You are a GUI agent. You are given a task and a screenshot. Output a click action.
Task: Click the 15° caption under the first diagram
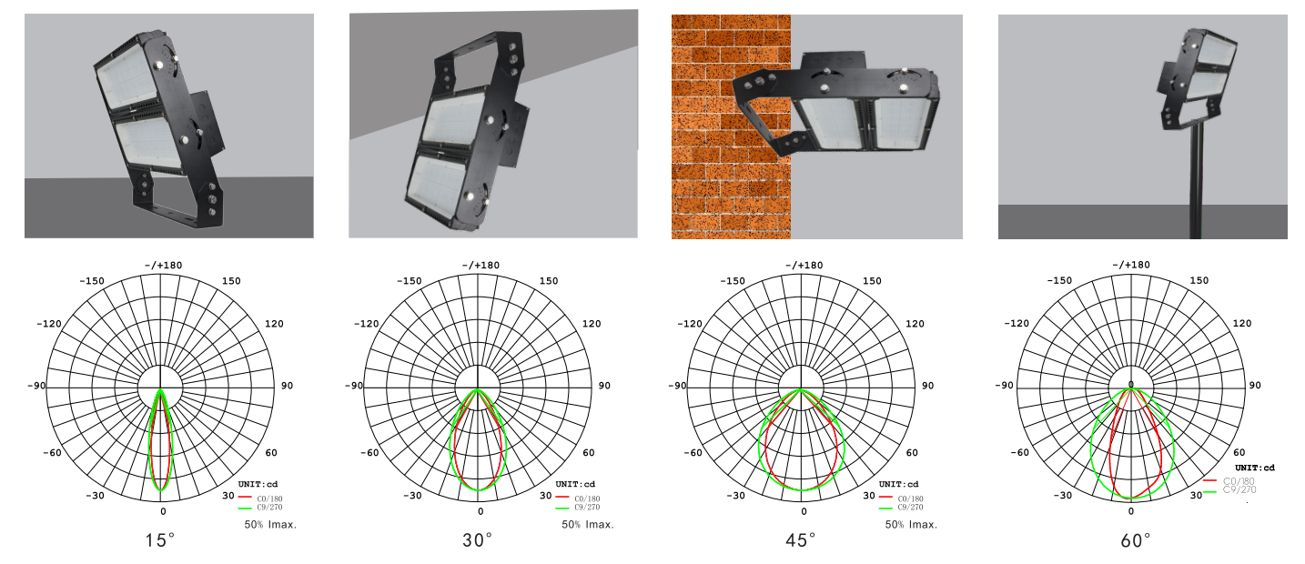159,540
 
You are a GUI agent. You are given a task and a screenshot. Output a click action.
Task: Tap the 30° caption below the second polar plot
477,540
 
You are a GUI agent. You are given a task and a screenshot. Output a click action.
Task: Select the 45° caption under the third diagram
801,540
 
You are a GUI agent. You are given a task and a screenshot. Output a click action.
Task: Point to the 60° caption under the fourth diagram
1136,540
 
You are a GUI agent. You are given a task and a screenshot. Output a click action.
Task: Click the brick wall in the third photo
731,126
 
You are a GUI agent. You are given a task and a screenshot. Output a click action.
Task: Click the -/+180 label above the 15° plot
163,265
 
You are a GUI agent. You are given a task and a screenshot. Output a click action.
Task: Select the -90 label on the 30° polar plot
354,386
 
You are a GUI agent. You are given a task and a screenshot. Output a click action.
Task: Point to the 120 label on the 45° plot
915,324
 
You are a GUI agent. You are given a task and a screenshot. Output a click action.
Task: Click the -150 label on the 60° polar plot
1059,280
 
